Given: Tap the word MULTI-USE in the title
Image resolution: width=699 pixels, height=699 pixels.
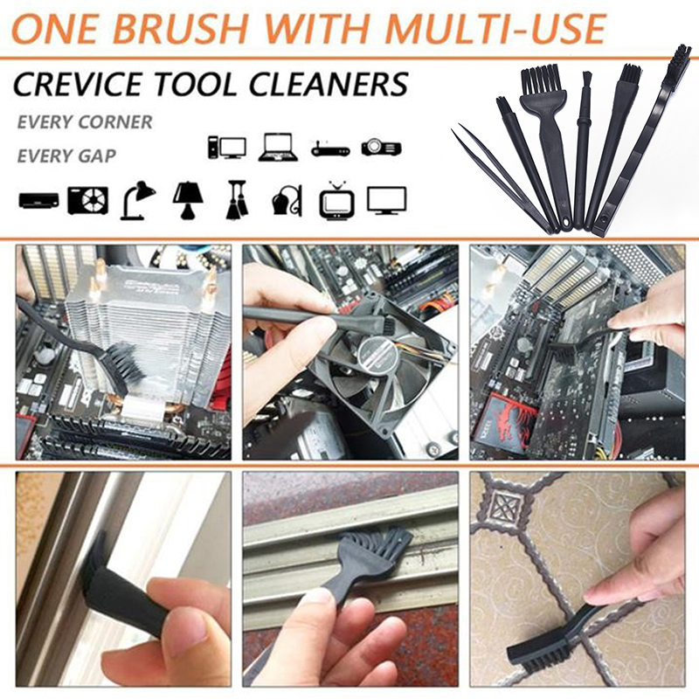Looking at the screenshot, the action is pos(495,29).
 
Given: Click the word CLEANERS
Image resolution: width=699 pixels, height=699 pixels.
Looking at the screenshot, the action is pos(329,84).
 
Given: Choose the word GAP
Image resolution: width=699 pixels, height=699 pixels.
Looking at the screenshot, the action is pos(97,156).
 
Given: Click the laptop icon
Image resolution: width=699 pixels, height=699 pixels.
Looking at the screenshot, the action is pos(278,147).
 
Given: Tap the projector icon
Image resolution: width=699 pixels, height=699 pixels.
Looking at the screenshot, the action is pos(381,147).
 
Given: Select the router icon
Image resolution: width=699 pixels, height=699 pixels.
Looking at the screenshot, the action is pos(330,149).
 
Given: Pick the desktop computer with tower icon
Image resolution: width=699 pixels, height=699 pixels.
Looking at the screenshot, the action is pos(227,148).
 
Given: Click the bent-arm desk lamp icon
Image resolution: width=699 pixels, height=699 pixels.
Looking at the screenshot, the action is pos(137,200).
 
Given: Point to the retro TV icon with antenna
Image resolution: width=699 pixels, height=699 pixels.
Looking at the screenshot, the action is pos(337,200).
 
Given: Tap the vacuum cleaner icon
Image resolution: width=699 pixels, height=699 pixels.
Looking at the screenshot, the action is pos(287,200).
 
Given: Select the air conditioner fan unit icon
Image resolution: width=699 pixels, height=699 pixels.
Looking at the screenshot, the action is pos(88,200).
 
